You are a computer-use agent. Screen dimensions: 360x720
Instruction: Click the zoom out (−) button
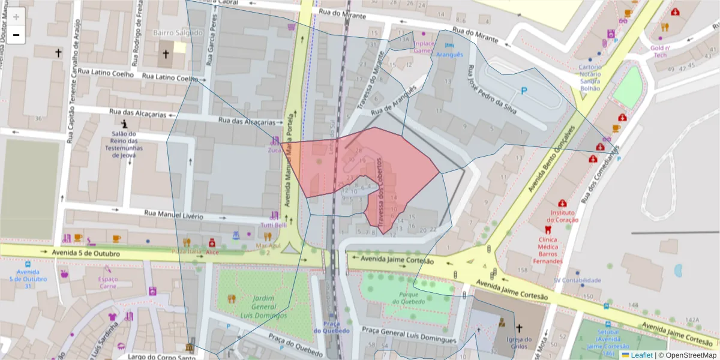click(16, 35)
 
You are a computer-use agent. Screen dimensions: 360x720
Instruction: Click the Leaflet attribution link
click(637, 355)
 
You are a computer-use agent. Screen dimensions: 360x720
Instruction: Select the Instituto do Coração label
click(562, 216)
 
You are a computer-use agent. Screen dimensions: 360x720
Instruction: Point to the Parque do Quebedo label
click(409, 298)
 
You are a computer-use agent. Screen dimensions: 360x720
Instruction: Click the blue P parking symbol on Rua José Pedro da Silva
click(524, 91)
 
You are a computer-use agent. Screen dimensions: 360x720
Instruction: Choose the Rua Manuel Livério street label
click(174, 214)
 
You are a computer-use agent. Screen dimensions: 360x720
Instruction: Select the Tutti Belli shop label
click(273, 224)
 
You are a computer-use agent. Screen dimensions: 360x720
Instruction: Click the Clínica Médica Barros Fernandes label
click(548, 250)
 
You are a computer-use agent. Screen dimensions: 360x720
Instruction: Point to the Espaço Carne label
click(108, 283)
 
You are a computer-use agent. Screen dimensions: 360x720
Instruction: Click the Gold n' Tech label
click(660, 51)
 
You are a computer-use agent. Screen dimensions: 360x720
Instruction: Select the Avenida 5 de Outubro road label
click(86, 253)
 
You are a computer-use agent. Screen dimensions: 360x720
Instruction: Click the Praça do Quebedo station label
click(331, 328)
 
